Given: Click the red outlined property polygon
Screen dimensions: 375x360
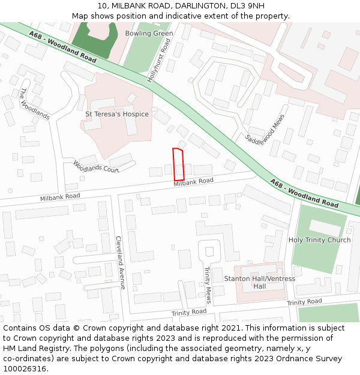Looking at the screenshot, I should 178,164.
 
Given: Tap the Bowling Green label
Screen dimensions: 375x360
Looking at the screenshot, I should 149,34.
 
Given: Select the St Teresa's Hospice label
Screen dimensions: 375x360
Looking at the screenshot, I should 117,114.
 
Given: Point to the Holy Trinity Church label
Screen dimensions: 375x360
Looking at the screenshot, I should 319,240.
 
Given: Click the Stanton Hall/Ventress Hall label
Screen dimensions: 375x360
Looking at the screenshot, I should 259,282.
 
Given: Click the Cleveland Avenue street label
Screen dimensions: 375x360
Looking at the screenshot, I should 119,262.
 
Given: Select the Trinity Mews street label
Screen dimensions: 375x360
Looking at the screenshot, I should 208,285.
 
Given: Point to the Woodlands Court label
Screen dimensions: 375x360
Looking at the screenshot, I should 96,166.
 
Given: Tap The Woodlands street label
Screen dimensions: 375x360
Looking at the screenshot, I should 34,104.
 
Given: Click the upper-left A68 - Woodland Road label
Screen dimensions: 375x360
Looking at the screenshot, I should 62,48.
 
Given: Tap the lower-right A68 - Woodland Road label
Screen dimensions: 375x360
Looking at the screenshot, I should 304,193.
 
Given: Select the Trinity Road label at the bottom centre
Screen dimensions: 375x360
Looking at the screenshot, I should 188,313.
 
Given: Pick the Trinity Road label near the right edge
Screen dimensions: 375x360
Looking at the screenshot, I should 304,302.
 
